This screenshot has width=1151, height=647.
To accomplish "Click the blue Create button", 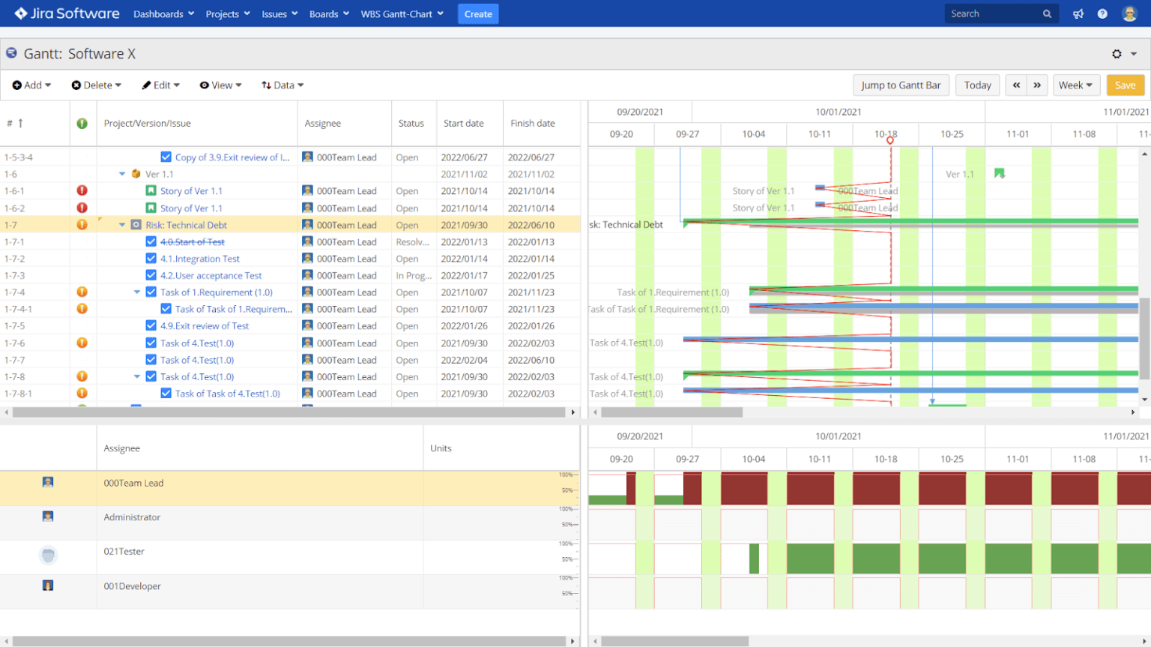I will coord(478,14).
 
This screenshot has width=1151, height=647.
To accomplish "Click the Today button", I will coord(977,85).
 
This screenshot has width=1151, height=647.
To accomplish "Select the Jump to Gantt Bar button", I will coord(901,85).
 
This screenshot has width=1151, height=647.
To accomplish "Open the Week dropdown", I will coord(1075,85).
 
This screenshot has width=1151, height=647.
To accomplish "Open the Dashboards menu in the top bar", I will coord(163,14).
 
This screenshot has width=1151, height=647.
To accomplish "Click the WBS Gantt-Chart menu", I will coord(402,14).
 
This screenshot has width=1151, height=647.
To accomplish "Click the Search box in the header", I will coord(994,14).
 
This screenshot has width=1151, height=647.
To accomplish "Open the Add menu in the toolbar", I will coord(32,85).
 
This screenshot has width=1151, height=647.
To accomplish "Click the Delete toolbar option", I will coord(97,85).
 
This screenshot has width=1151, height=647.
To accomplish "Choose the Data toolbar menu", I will coord(283,85).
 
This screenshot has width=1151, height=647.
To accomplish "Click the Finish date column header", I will coord(533,124).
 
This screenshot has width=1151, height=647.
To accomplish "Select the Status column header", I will coord(411,124).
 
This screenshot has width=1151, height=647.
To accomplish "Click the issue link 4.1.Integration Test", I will coord(200,259).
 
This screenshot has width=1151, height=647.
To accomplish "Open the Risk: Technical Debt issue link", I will coord(186,225).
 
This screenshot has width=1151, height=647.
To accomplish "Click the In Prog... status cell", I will coord(413,276).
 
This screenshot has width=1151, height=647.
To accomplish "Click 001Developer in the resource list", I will coord(132,586).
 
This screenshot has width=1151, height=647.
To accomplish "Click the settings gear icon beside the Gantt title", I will coord(1117,54).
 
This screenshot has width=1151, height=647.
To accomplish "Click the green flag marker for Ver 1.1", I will coord(999,174).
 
